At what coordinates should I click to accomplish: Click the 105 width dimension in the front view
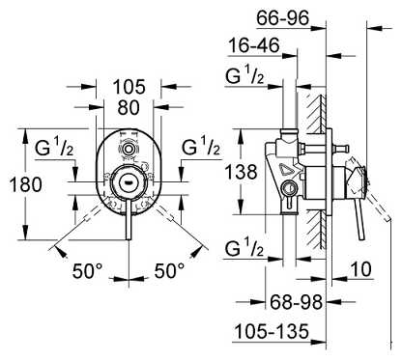click(x=129, y=87)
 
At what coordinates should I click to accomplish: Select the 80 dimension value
click(x=129, y=107)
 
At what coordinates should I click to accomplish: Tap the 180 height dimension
click(x=26, y=184)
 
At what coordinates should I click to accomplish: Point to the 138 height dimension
click(x=241, y=172)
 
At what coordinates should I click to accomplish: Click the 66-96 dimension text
click(x=283, y=18)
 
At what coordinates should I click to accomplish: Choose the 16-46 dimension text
click(x=254, y=45)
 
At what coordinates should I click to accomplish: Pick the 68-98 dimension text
click(x=296, y=302)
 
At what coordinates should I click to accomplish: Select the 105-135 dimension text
click(x=272, y=331)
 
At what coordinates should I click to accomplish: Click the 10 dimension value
click(x=360, y=269)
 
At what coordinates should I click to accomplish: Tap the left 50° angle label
click(x=87, y=270)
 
